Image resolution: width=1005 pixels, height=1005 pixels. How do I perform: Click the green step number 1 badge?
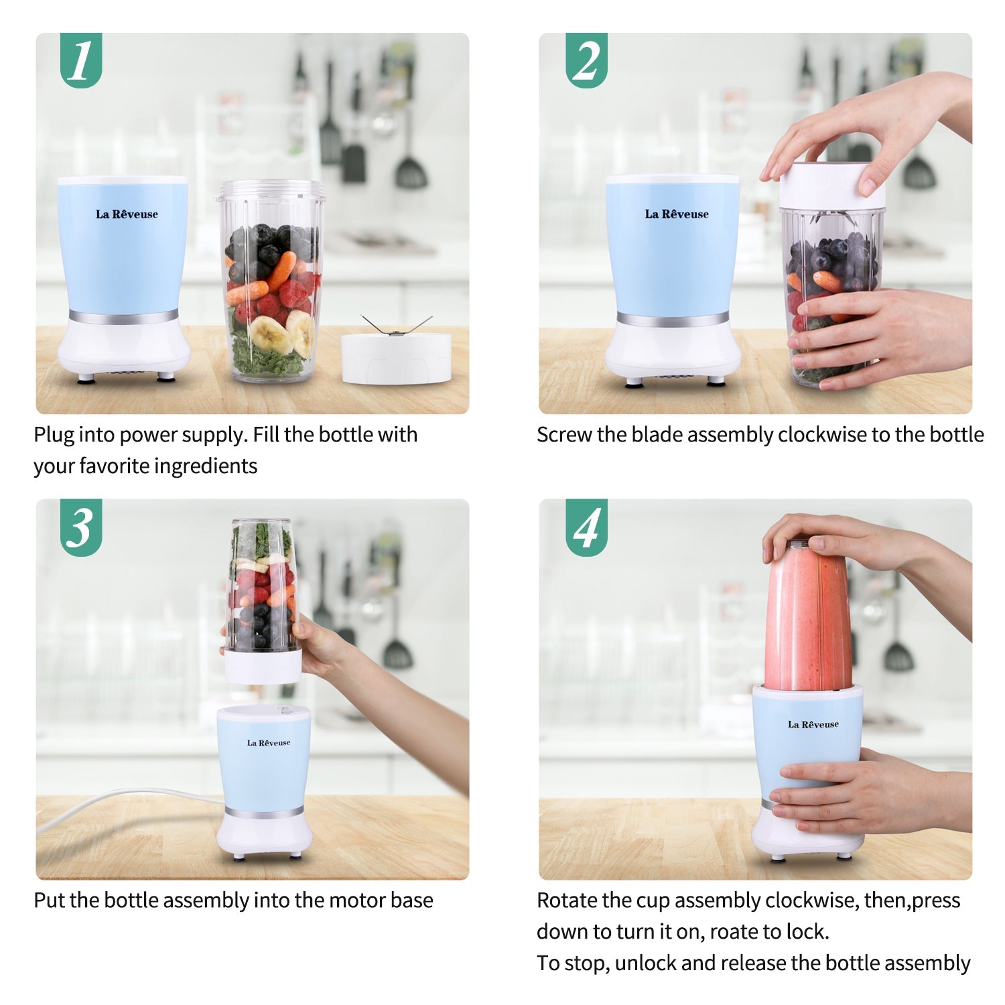click(x=81, y=60)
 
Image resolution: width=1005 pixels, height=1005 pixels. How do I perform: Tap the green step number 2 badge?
click(x=586, y=60)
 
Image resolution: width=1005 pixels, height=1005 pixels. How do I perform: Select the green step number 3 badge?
click(x=81, y=527)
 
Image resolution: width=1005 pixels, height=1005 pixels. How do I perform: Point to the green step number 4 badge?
click(x=586, y=527)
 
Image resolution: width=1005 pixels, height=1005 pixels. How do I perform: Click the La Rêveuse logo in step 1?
click(x=127, y=214)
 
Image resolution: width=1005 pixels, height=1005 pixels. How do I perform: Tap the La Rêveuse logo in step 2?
click(x=676, y=214)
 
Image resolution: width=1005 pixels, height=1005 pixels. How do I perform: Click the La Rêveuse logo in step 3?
click(x=268, y=743)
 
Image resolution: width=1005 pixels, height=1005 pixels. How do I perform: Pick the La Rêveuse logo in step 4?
click(x=813, y=724)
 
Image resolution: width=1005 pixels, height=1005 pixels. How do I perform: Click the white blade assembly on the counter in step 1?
click(x=395, y=357)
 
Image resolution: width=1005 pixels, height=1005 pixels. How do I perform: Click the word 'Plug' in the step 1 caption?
click(x=54, y=435)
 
